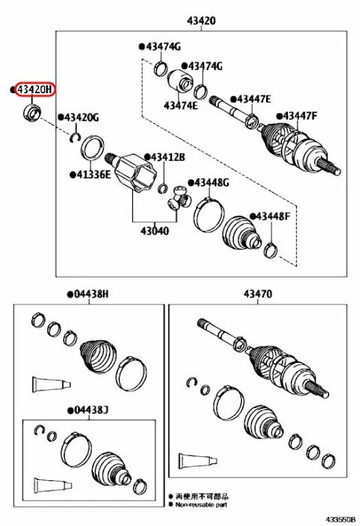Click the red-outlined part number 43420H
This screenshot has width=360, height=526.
pyautogui.click(x=35, y=89)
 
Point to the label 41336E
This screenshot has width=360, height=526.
pyautogui.click(x=91, y=174)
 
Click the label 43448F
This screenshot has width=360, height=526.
pyautogui.click(x=272, y=216)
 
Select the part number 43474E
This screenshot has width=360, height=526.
pyautogui.click(x=180, y=105)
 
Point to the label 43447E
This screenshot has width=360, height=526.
pyautogui.click(x=253, y=98)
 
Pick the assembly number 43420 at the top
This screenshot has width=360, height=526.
pyautogui.click(x=201, y=21)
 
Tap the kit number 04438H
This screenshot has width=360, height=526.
pyautogui.click(x=89, y=294)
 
